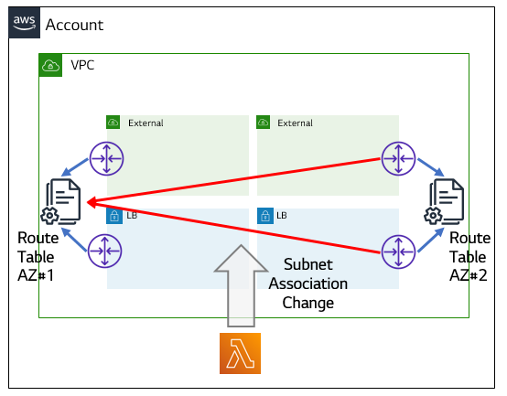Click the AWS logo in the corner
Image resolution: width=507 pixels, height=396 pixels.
point(24,23)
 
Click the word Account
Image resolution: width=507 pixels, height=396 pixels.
point(74,25)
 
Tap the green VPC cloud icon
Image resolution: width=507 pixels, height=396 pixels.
point(50,65)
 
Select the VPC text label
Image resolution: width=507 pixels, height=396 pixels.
point(82,65)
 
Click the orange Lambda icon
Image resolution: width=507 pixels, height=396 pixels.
point(241,353)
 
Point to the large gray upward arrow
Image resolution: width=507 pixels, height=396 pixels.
point(241,286)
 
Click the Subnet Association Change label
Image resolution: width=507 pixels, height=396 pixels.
point(308,284)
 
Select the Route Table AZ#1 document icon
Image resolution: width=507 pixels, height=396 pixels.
point(60,201)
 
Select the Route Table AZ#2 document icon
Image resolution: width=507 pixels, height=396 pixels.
point(444,201)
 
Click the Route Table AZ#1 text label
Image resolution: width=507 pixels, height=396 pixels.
point(38,257)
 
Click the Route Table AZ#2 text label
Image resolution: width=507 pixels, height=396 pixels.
point(469,257)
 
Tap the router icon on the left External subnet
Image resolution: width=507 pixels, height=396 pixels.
point(106,158)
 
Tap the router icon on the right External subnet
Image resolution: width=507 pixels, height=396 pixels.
point(398,158)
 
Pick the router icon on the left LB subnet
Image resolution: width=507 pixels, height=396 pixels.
point(104,251)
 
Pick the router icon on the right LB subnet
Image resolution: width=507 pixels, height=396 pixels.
point(398,252)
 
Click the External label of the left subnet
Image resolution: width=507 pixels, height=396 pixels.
point(146,123)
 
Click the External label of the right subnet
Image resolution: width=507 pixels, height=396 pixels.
point(295,123)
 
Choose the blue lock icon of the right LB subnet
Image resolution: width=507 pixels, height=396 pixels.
point(265,216)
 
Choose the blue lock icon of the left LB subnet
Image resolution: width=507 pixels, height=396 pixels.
point(114,216)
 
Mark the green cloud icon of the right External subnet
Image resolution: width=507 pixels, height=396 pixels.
point(264,123)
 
